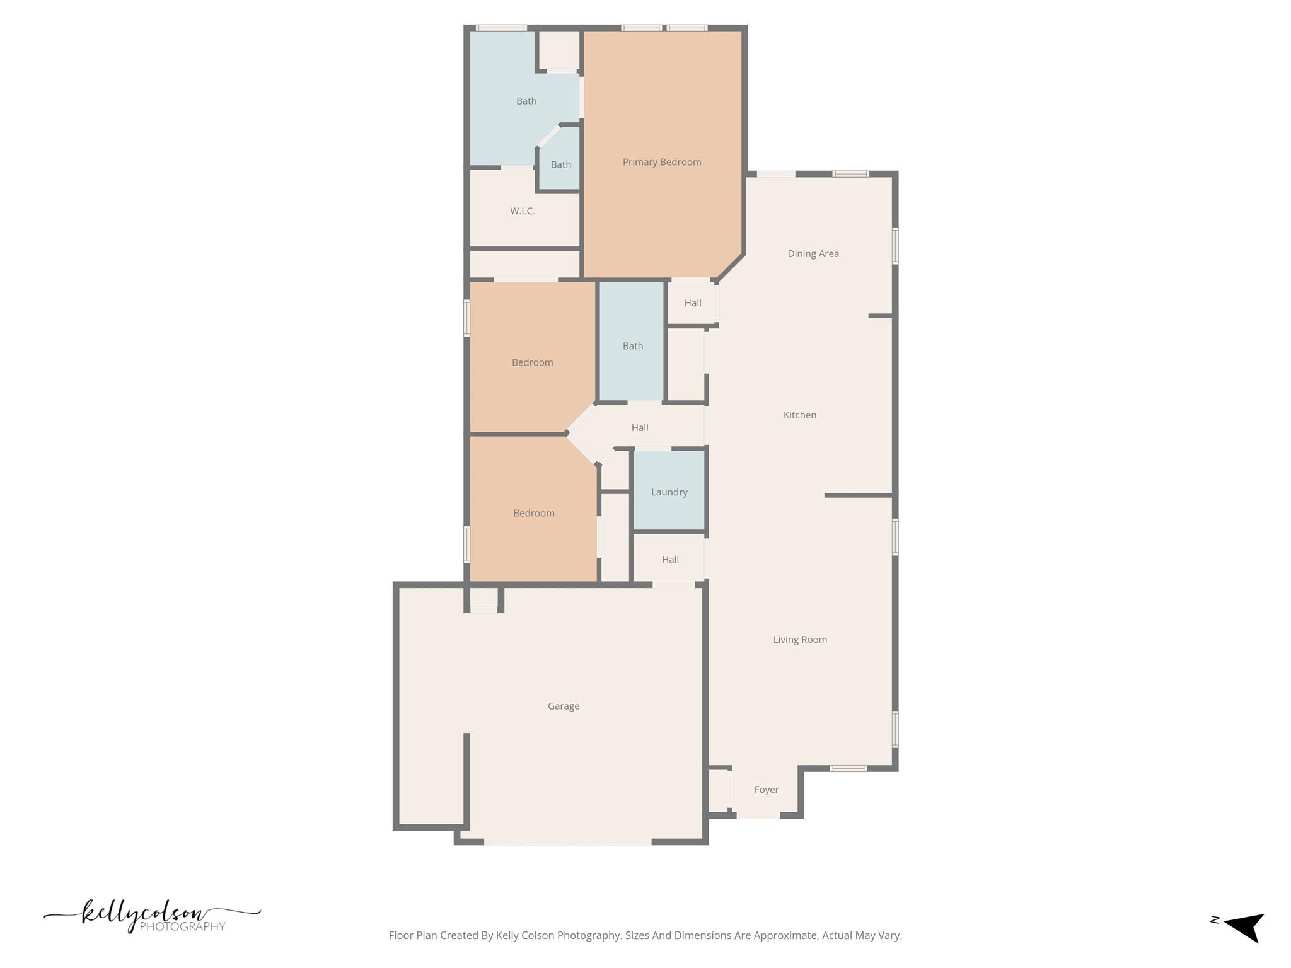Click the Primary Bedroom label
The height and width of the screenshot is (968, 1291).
(x=661, y=162)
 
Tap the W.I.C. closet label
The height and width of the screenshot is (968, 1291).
(x=522, y=211)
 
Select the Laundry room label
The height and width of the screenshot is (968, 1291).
(x=669, y=492)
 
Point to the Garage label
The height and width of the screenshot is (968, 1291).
(x=563, y=706)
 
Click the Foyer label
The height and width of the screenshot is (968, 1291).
(x=766, y=790)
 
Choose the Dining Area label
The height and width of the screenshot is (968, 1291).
(x=813, y=254)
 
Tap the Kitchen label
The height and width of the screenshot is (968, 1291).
(x=799, y=415)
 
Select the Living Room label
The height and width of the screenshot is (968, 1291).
(x=799, y=640)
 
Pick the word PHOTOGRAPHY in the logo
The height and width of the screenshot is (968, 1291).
(x=182, y=926)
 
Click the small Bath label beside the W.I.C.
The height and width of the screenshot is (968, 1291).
(x=560, y=164)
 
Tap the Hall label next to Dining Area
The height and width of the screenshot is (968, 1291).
(x=692, y=303)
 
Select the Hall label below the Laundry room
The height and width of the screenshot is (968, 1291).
(x=670, y=560)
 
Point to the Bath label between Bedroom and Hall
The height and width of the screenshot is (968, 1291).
(x=632, y=346)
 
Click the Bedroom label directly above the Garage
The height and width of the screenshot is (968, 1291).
(x=533, y=513)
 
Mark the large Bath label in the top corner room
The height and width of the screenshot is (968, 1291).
(x=526, y=101)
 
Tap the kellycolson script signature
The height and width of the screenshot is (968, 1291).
(x=145, y=914)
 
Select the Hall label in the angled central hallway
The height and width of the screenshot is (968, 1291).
(x=639, y=427)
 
